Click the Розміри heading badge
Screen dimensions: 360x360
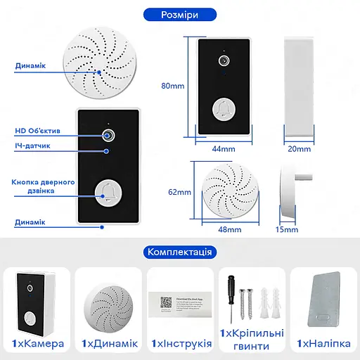tap(179, 14)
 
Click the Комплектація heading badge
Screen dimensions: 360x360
tap(179, 251)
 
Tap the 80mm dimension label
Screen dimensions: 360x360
tap(172, 86)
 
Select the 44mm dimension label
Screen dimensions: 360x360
tap(223, 148)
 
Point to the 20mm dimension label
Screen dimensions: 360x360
tap(299, 148)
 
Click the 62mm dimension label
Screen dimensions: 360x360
tap(180, 192)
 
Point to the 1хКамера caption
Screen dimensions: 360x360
tap(38, 343)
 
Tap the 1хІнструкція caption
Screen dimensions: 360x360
tap(181, 343)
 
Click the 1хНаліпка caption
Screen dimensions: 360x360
tap(322, 343)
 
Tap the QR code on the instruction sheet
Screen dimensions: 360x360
tap(166, 302)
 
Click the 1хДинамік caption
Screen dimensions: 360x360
tap(110, 343)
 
